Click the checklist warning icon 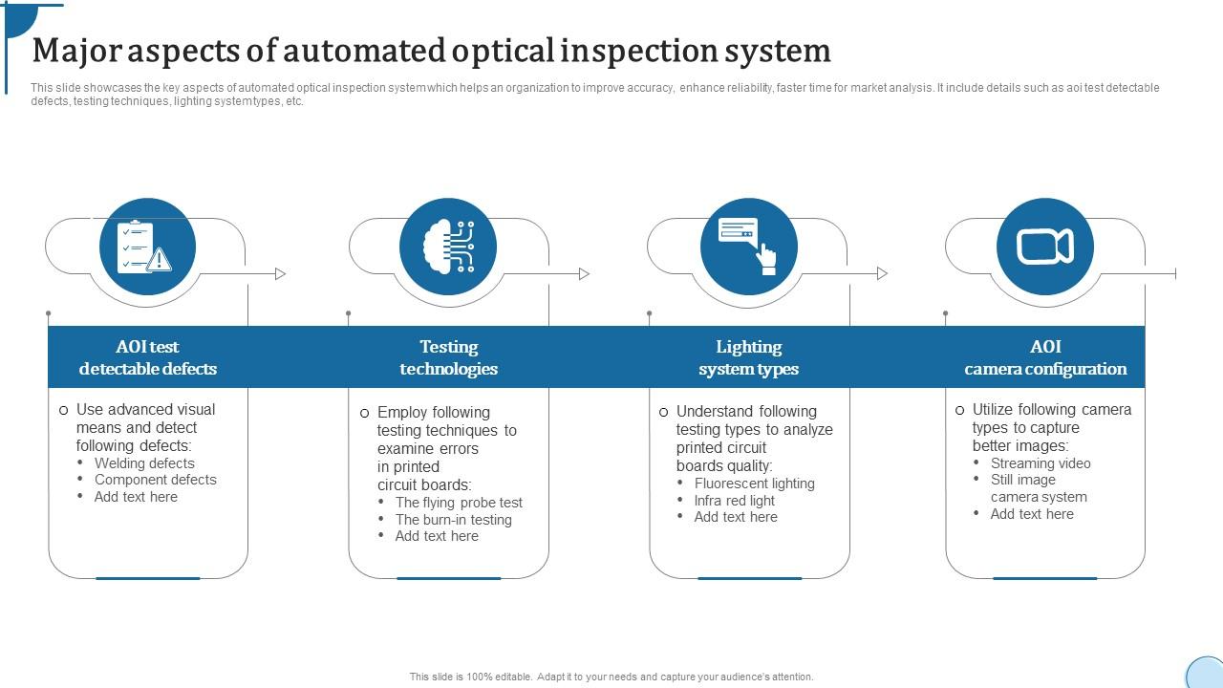tap(147, 247)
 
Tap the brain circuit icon tap(448, 247)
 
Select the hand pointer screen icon tap(748, 247)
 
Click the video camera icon tap(1044, 247)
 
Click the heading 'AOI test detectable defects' tap(148, 357)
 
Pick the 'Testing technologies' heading tap(448, 357)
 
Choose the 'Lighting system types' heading tap(748, 357)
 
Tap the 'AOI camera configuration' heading tap(1045, 357)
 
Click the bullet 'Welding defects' tap(144, 463)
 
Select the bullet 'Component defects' tap(155, 480)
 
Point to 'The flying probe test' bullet tap(459, 503)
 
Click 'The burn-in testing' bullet tap(453, 520)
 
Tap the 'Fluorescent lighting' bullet tap(754, 484)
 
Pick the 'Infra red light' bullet tap(734, 501)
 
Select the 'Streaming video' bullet tap(1040, 463)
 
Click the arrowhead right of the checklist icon tap(280, 274)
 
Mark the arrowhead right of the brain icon tap(584, 274)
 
